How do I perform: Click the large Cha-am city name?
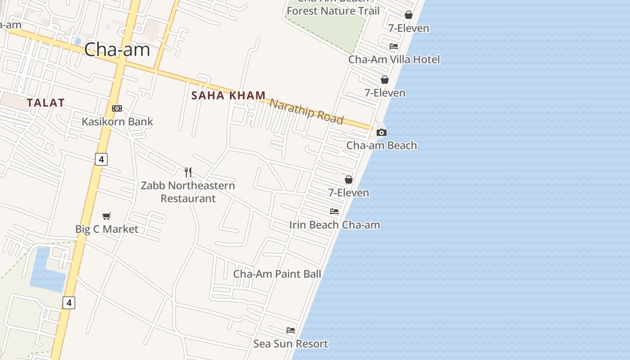coord(117,49)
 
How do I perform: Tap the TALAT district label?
coord(45,103)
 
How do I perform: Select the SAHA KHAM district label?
coord(229,95)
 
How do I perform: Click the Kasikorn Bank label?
coord(117,121)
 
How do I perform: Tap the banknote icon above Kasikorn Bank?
coord(117,108)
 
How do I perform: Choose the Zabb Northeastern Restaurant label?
coord(188,192)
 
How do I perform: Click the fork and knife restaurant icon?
coord(188,172)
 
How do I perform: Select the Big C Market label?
coord(107,229)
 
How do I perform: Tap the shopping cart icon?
coord(107,216)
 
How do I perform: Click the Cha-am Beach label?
coord(382,145)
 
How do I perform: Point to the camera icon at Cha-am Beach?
coord(382,132)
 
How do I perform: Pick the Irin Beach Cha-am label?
coord(335,225)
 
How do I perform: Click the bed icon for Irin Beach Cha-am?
coord(334,211)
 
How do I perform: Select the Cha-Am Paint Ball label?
coord(277,274)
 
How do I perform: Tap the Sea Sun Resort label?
coord(291,344)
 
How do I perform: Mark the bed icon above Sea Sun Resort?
coord(291,330)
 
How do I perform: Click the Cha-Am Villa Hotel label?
coord(394,59)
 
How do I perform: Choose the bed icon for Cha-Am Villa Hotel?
coord(394,46)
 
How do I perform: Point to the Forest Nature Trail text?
coord(333,11)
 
